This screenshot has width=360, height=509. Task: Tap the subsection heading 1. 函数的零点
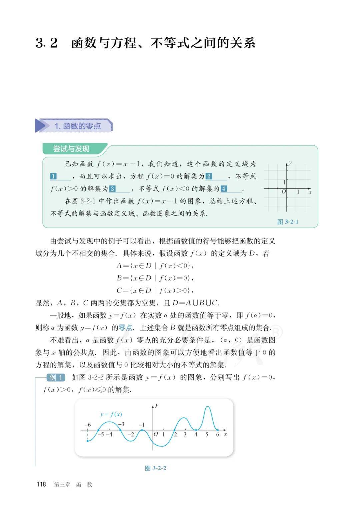click(x=78, y=126)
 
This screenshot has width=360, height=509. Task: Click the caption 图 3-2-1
click(x=288, y=222)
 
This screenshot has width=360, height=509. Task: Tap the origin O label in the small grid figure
click(x=283, y=192)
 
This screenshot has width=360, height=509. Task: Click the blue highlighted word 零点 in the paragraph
click(x=126, y=328)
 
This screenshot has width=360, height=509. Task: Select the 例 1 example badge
click(x=56, y=378)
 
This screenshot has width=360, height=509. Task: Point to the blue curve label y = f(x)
click(x=111, y=414)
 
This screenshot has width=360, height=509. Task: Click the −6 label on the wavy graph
click(x=87, y=425)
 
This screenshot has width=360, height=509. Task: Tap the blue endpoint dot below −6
click(x=87, y=441)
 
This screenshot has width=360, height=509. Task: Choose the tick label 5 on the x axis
click(x=207, y=435)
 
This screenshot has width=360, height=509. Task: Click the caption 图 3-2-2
click(x=155, y=468)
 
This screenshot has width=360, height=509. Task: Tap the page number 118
click(x=41, y=484)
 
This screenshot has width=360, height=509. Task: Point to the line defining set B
click(x=155, y=278)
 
